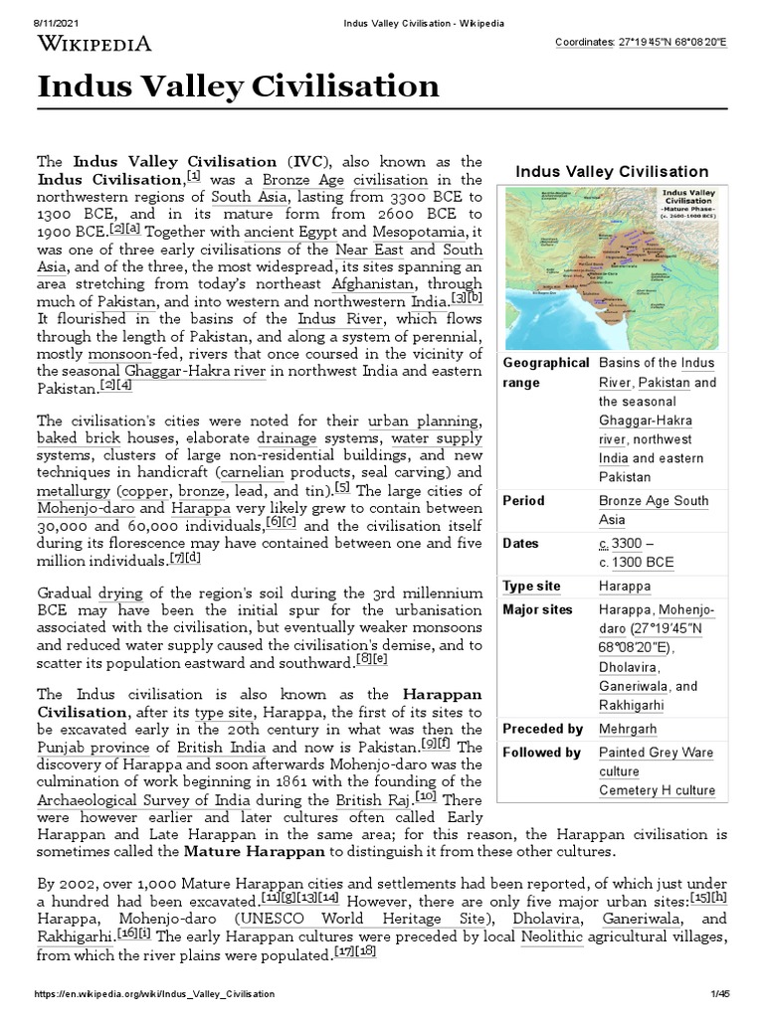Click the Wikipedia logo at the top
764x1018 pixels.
click(x=95, y=43)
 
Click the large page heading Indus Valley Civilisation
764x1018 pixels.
click(x=238, y=86)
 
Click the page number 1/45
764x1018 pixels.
click(x=720, y=995)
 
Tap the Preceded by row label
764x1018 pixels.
click(x=543, y=729)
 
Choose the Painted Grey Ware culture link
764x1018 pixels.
click(x=656, y=762)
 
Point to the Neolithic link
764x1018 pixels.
click(x=552, y=936)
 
